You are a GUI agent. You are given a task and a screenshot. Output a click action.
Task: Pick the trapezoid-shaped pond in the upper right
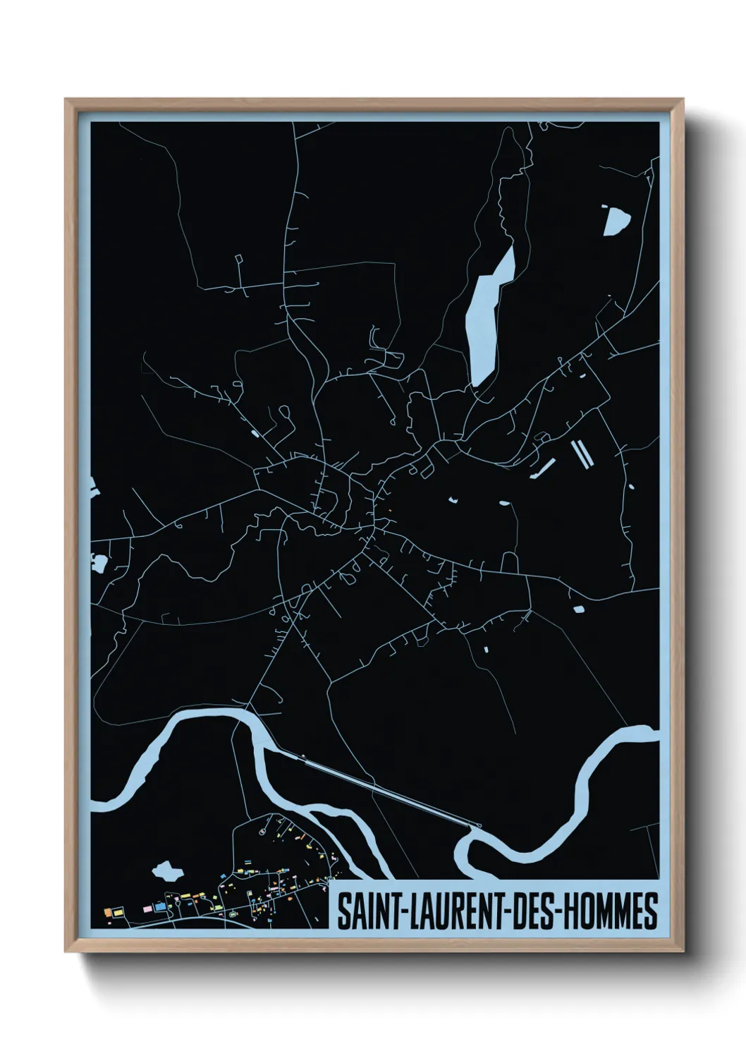point(615,219)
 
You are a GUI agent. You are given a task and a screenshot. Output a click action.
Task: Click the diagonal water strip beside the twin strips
point(546,466)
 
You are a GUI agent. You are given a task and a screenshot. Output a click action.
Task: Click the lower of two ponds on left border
point(98,563)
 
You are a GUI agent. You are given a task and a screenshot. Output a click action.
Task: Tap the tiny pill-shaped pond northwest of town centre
point(252,431)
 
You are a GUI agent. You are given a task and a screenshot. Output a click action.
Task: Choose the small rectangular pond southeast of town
point(577,609)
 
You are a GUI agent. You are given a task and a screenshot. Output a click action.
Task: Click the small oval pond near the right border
point(630,485)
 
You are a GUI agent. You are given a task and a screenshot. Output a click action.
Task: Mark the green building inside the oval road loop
point(231,915)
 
